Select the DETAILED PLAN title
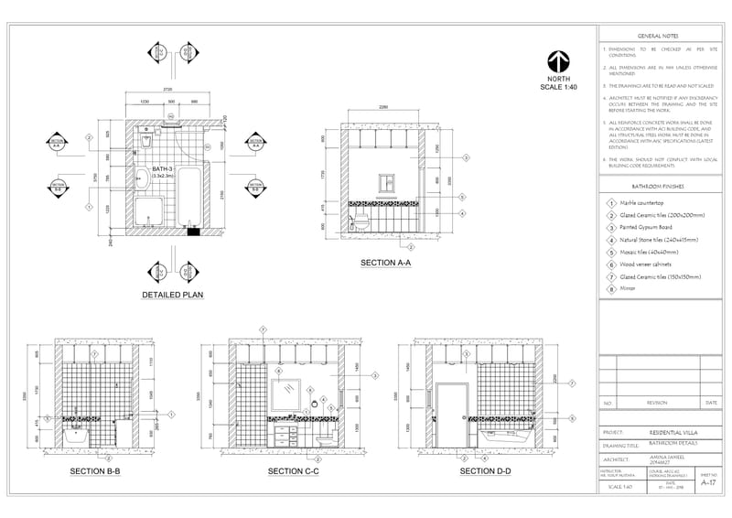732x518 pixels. tap(171, 295)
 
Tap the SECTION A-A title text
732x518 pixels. tap(385, 263)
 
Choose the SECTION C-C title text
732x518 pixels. tap(293, 471)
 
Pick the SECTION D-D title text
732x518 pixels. tap(485, 471)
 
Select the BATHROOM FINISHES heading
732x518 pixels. tap(657, 186)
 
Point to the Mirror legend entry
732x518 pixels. tap(630, 287)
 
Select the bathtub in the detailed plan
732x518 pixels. tap(189, 197)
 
